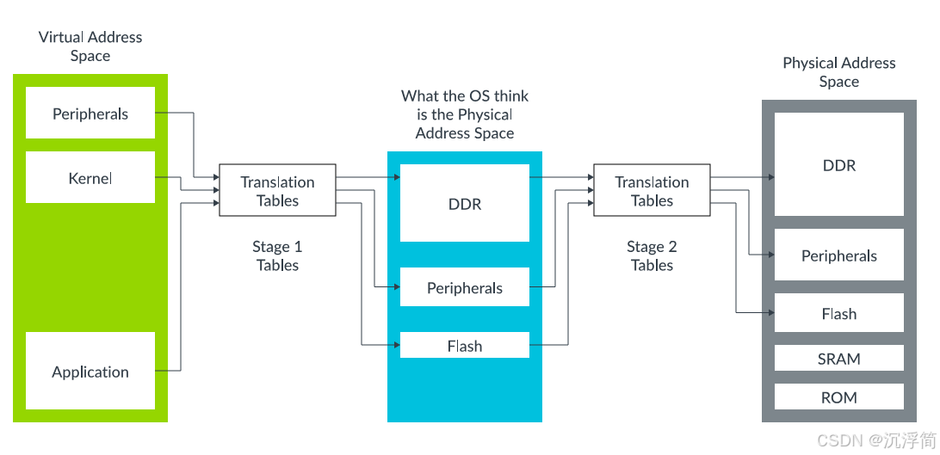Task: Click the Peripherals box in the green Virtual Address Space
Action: (x=90, y=114)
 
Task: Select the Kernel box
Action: (x=90, y=178)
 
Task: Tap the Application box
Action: (x=90, y=372)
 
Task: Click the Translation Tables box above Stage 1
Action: (x=277, y=191)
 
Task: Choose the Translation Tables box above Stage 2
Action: (x=652, y=191)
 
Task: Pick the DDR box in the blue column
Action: (x=465, y=204)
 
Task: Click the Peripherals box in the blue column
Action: (x=465, y=288)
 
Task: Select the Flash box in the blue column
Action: (x=465, y=346)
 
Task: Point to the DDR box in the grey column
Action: (x=839, y=165)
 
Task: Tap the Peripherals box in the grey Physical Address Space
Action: (x=839, y=255)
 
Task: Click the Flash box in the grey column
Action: (x=839, y=314)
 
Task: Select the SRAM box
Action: (x=839, y=359)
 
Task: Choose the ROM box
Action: (x=839, y=397)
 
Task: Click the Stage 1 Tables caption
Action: (x=277, y=256)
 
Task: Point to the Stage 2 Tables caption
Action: (x=652, y=256)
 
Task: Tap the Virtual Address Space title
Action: (x=90, y=46)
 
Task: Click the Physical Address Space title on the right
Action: (x=839, y=72)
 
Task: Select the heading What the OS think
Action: (x=465, y=96)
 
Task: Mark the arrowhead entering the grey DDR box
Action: (x=770, y=177)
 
